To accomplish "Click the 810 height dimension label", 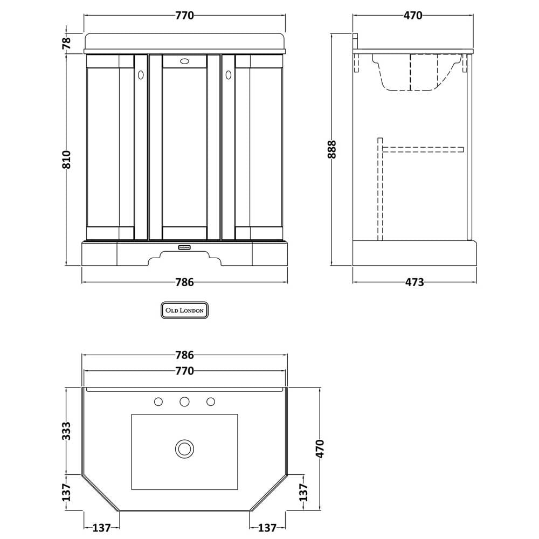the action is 67,160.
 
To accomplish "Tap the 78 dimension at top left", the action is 66,42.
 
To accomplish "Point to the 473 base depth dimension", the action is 414,282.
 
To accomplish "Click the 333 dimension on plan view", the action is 66,431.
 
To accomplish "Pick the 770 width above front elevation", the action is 184,16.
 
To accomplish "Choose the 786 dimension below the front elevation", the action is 184,282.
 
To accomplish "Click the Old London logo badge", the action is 184,310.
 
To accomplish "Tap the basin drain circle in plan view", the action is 184,448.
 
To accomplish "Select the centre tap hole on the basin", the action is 184,402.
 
